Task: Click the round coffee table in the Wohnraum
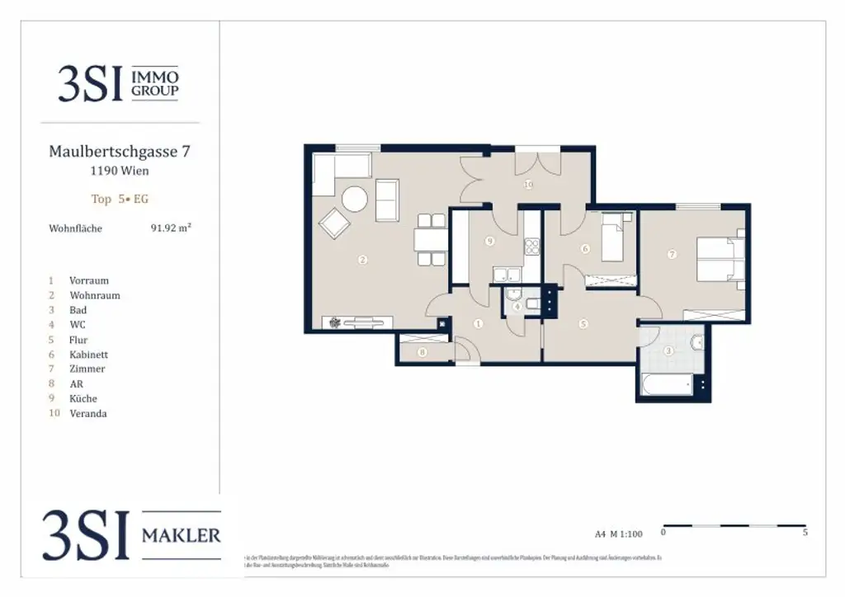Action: click(x=356, y=200)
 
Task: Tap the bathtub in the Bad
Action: click(x=668, y=384)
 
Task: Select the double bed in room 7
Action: click(x=720, y=258)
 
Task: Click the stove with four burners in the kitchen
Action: click(x=531, y=246)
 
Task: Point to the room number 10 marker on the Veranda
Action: click(x=528, y=185)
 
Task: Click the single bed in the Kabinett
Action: click(x=612, y=239)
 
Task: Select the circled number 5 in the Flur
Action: click(x=583, y=324)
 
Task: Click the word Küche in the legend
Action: click(x=83, y=398)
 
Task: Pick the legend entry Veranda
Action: click(x=88, y=413)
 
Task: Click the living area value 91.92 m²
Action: click(x=171, y=228)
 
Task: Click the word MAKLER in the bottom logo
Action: click(x=182, y=535)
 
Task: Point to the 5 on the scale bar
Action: click(x=805, y=533)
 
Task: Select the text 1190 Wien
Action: click(x=120, y=172)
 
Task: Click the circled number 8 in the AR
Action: click(x=422, y=353)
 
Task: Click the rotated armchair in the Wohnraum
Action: click(x=335, y=223)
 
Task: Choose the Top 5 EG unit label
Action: click(x=120, y=199)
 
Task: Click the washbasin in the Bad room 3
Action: click(x=698, y=341)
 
